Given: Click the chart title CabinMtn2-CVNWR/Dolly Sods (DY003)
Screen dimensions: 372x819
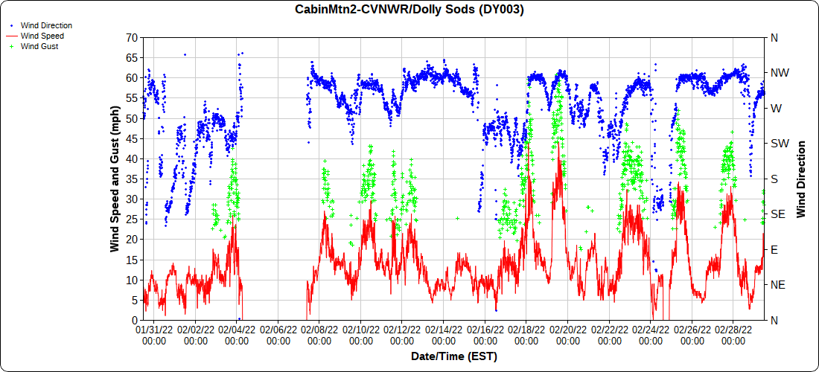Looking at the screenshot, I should (x=409, y=10).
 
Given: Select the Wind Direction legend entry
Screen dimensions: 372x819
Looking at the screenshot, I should (x=46, y=25).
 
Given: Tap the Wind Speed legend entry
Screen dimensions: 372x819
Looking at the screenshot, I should (x=42, y=36).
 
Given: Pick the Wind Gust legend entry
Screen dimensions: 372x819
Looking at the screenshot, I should (x=39, y=46).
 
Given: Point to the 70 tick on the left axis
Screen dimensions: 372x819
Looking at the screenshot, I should (x=131, y=37).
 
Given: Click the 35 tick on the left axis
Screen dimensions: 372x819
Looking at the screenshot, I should (x=131, y=179).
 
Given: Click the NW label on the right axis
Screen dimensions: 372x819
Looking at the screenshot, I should (x=779, y=73).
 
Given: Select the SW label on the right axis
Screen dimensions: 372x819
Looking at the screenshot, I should (x=779, y=144).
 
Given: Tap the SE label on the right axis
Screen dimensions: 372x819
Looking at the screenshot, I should (x=778, y=214).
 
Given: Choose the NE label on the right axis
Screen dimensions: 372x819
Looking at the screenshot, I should (x=778, y=285).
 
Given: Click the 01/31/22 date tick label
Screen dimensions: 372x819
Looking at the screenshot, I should (x=154, y=334).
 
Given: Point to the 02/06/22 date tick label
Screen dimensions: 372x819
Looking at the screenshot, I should (x=278, y=334).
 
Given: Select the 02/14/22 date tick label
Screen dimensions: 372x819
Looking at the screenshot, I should (x=444, y=334).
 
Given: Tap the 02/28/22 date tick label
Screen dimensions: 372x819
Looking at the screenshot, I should (x=733, y=334).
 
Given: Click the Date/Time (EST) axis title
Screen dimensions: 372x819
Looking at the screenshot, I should (x=454, y=356).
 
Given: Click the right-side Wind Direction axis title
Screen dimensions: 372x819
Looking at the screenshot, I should (x=801, y=179).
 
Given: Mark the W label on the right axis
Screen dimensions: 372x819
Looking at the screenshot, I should (x=776, y=108).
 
